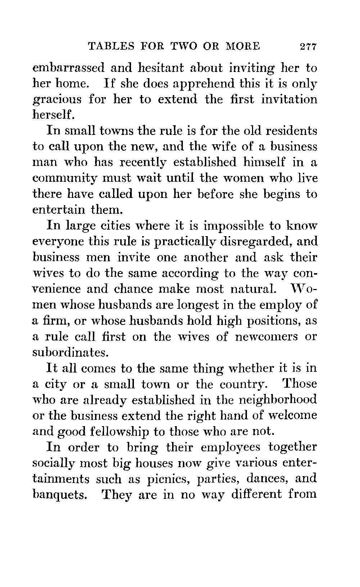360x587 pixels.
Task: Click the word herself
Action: click(54, 115)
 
